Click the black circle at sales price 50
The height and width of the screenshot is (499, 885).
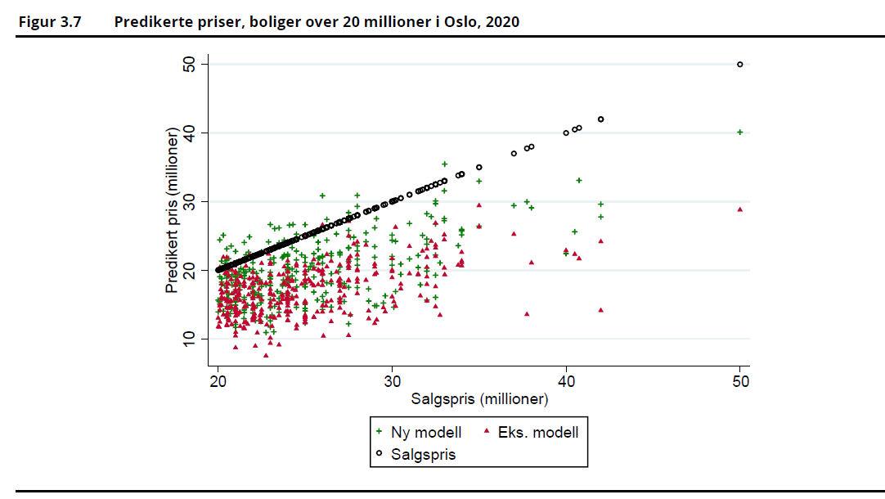(740, 64)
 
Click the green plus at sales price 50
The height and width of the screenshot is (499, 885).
(740, 132)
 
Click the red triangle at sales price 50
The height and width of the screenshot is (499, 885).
(740, 209)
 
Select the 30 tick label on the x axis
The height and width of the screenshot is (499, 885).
(393, 383)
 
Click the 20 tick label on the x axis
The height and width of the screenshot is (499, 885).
(218, 383)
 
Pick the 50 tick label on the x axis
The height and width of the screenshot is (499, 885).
(740, 383)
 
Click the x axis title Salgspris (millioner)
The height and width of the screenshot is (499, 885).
(479, 399)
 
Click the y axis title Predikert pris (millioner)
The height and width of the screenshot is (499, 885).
(173, 210)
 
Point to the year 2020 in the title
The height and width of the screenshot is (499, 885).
(501, 22)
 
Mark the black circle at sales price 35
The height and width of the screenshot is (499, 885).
(479, 167)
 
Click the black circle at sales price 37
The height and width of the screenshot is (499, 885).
(514, 153)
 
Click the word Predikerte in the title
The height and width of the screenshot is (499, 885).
(153, 22)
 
